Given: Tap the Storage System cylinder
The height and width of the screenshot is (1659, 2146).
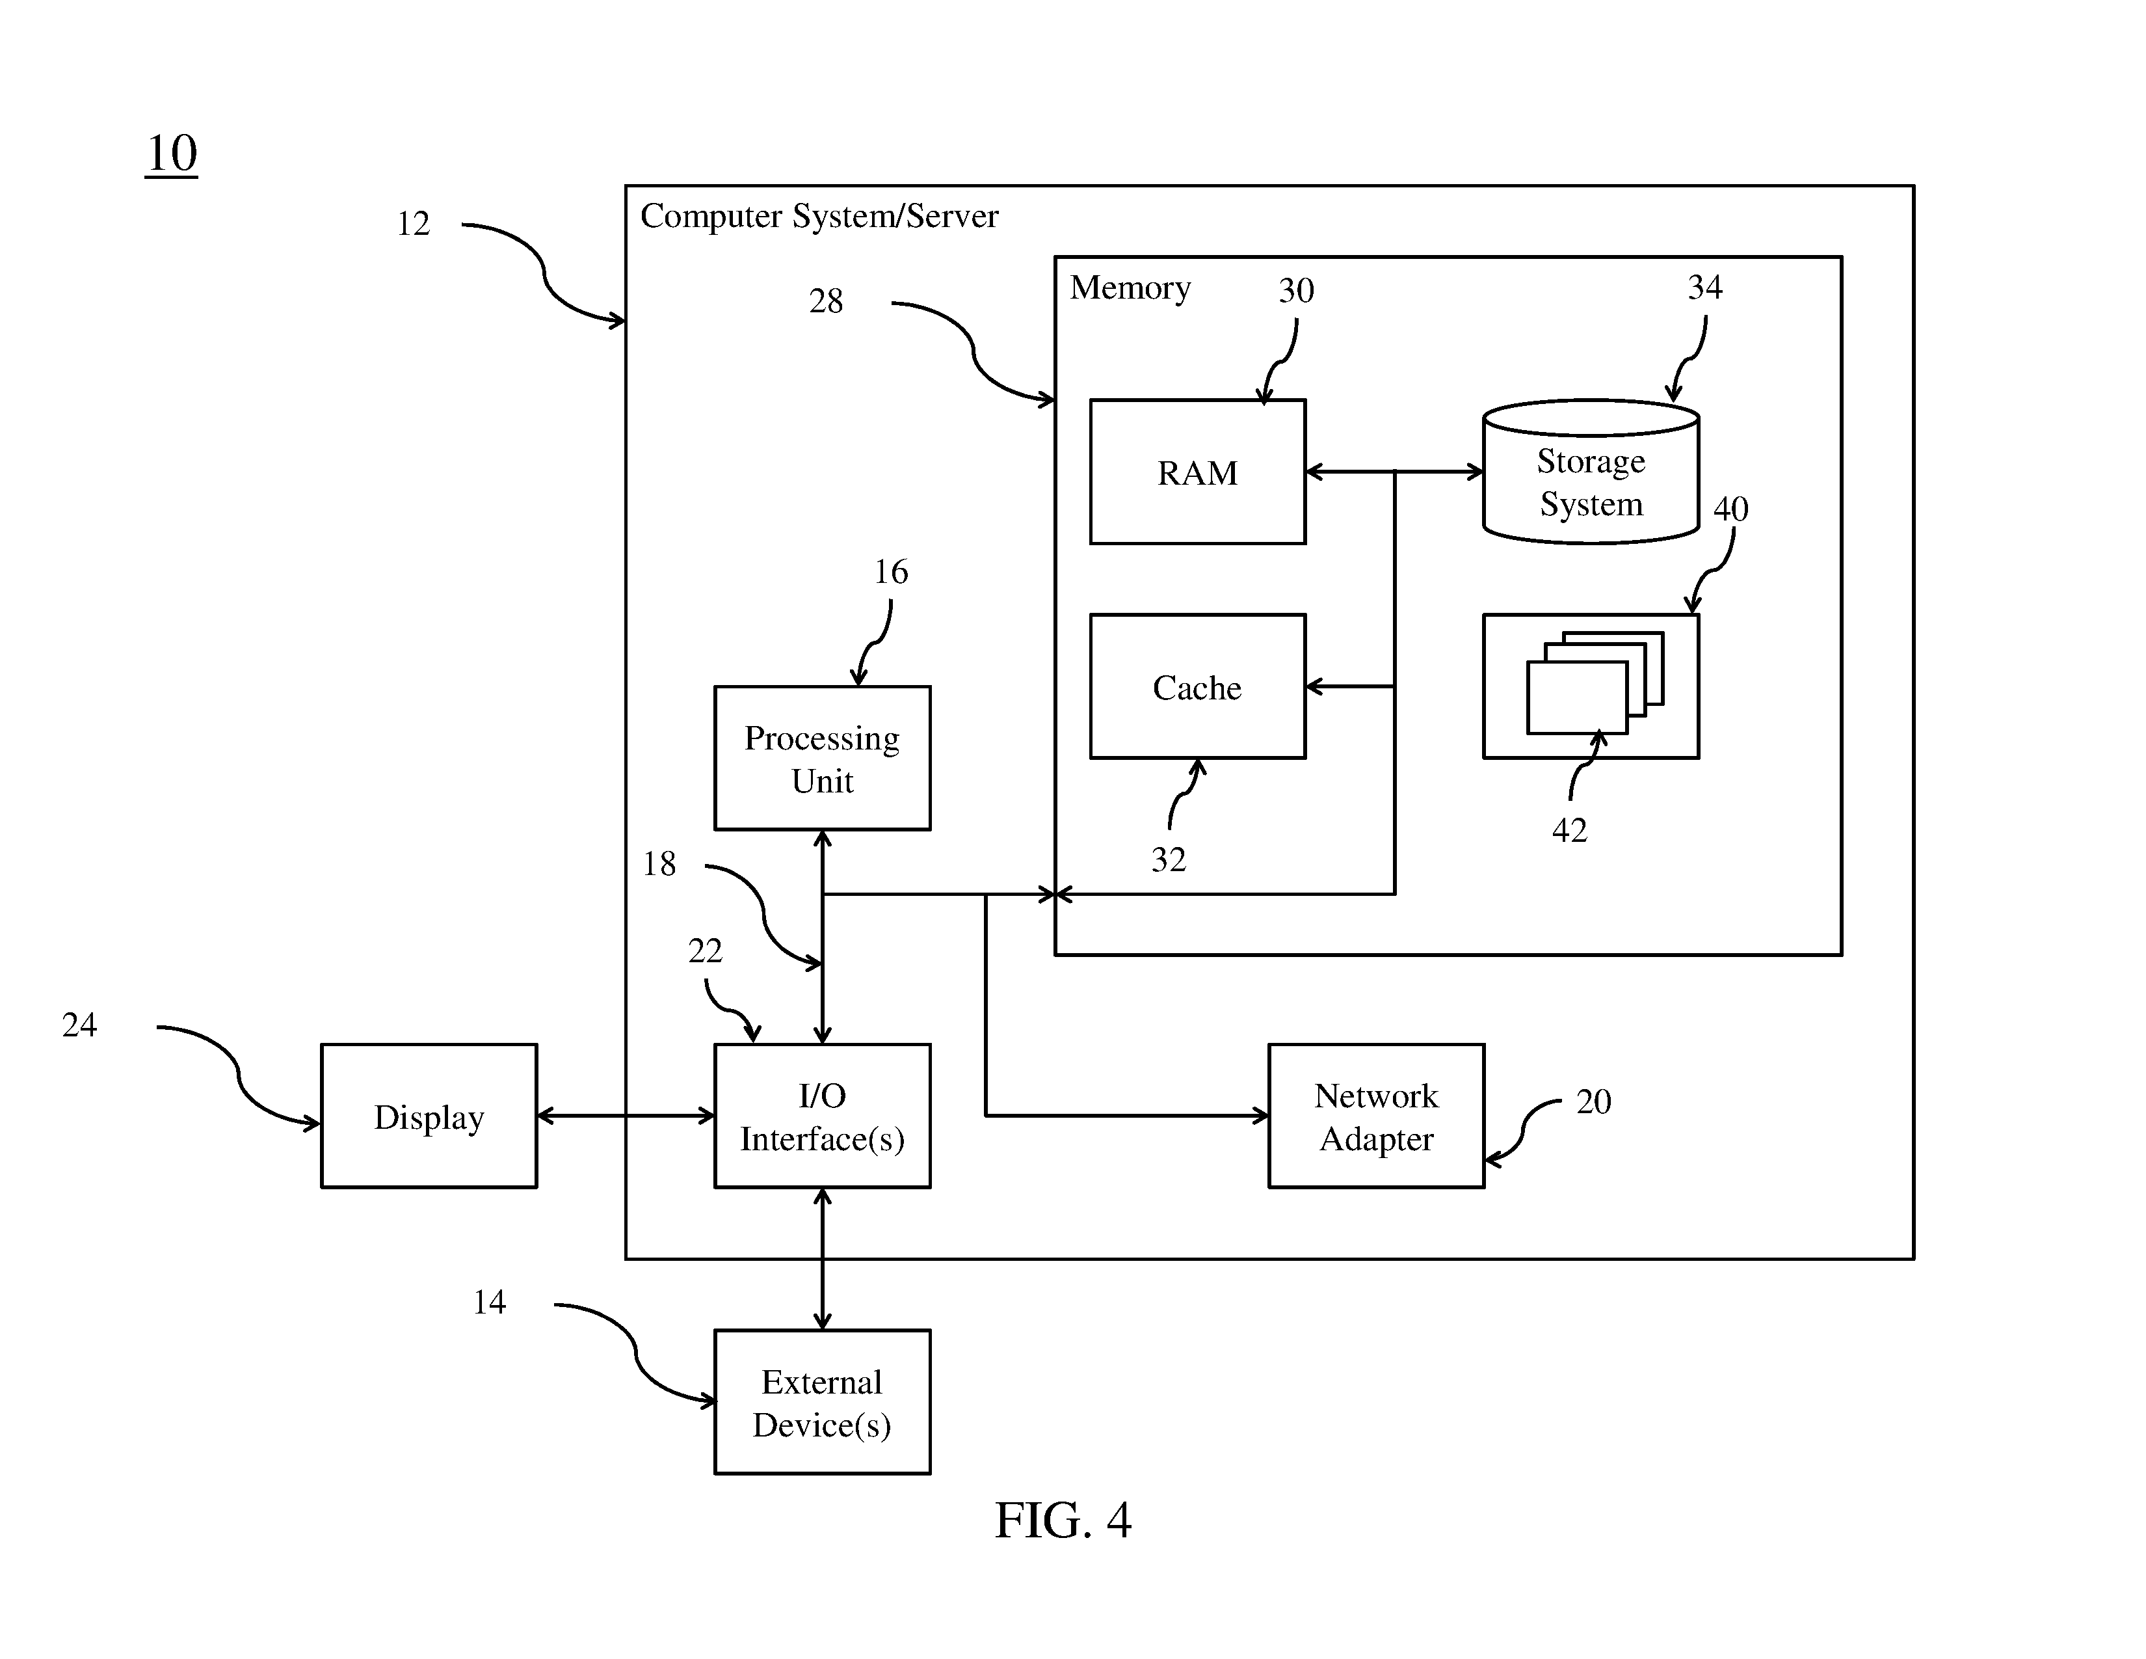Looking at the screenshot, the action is click(x=1591, y=472).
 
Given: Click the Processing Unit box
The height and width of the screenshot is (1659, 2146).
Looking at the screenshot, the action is click(x=823, y=758).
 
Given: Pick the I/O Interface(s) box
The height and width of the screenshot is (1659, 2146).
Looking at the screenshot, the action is click(x=823, y=1116).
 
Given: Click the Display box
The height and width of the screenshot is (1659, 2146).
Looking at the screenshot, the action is click(x=429, y=1116).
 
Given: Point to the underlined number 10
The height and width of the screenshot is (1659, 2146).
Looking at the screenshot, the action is click(x=172, y=154).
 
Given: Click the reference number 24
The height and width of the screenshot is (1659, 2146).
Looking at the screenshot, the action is click(x=79, y=1025).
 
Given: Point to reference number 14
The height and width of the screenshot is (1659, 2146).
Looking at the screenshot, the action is click(x=489, y=1302).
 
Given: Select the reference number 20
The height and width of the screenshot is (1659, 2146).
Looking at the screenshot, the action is click(x=1594, y=1101).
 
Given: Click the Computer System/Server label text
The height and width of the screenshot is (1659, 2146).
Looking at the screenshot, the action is click(x=819, y=216).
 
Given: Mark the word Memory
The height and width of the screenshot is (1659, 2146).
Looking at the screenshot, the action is click(x=1130, y=288).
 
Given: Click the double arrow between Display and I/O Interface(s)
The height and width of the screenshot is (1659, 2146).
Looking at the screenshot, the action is click(x=626, y=1116).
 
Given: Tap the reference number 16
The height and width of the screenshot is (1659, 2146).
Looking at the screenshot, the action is click(x=891, y=572).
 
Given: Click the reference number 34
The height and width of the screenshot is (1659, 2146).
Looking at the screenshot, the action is click(x=1705, y=287).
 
